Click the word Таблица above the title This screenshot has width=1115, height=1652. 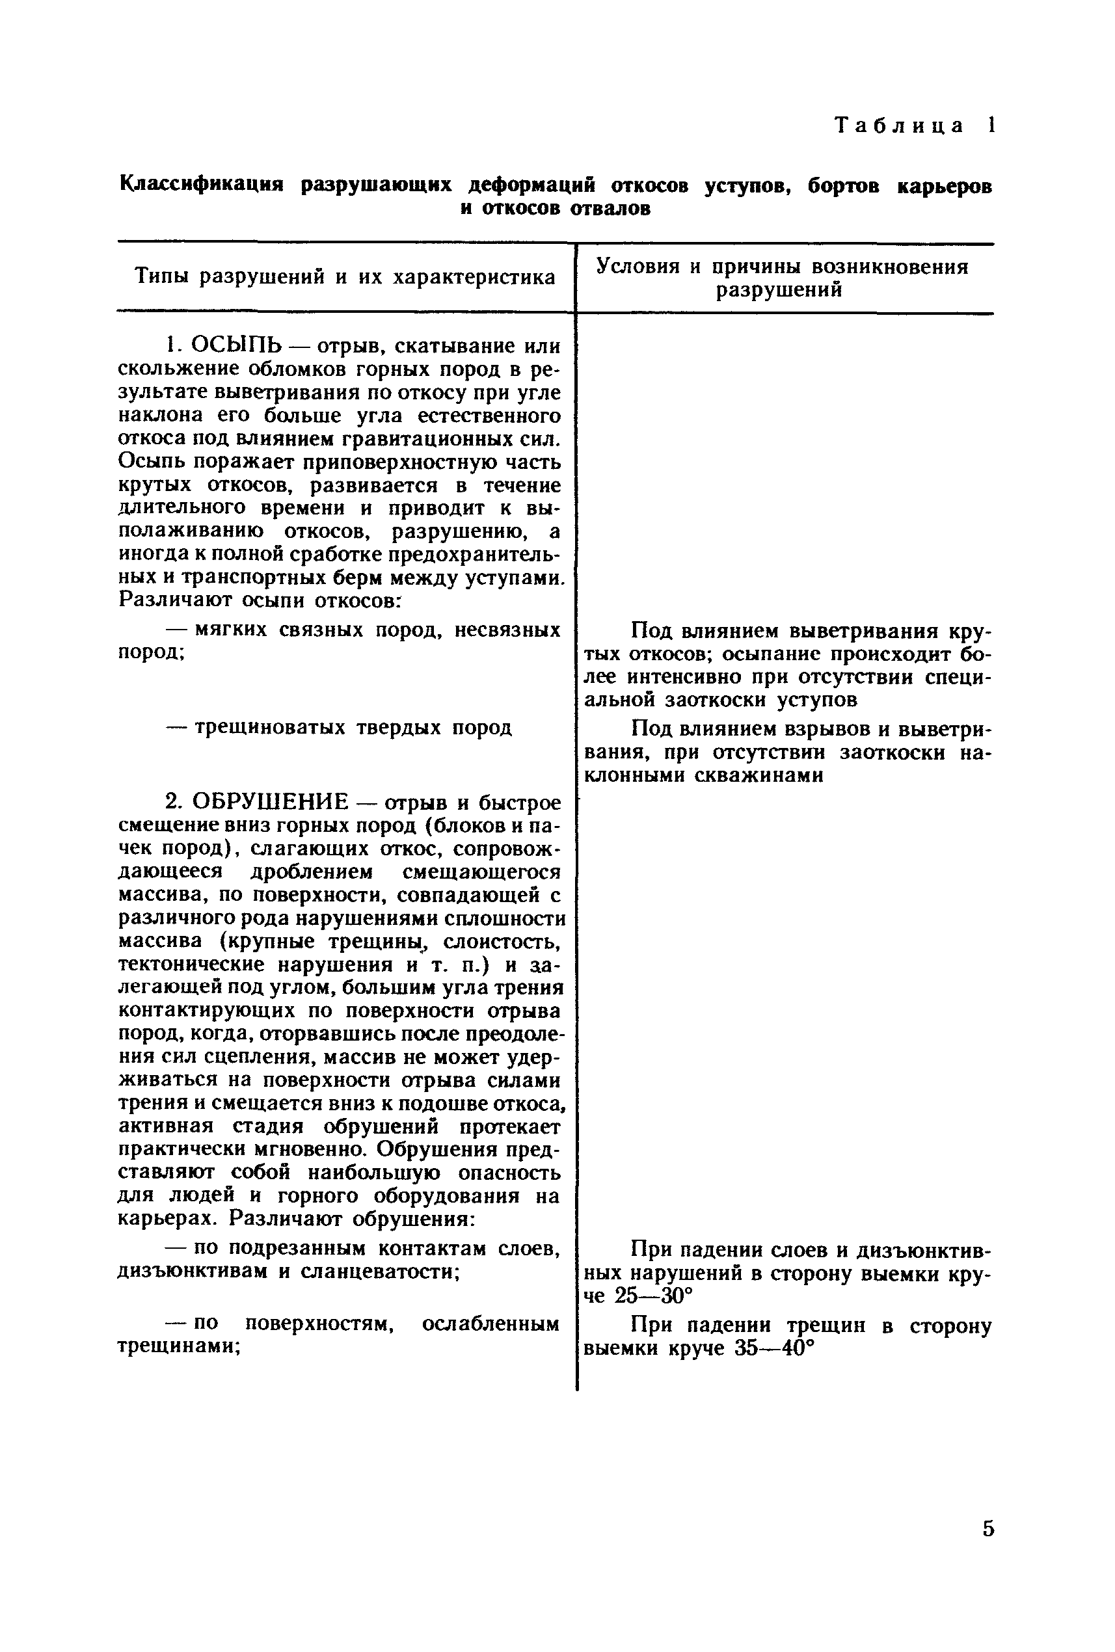[x=900, y=126]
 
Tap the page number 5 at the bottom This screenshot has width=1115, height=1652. [x=987, y=1528]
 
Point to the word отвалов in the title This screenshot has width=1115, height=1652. [x=612, y=208]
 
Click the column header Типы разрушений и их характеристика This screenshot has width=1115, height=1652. [x=345, y=276]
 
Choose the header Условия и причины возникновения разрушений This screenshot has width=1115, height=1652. [x=781, y=278]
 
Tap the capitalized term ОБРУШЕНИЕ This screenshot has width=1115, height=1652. [x=271, y=803]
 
